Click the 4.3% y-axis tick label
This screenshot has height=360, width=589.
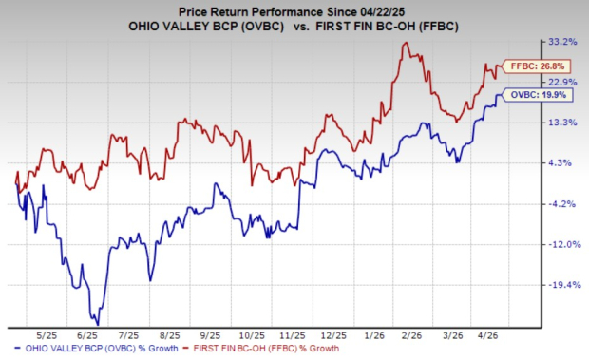pyautogui.click(x=560, y=162)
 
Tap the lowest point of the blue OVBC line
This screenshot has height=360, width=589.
pyautogui.click(x=97, y=324)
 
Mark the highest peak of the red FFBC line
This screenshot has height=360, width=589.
pyautogui.click(x=407, y=43)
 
